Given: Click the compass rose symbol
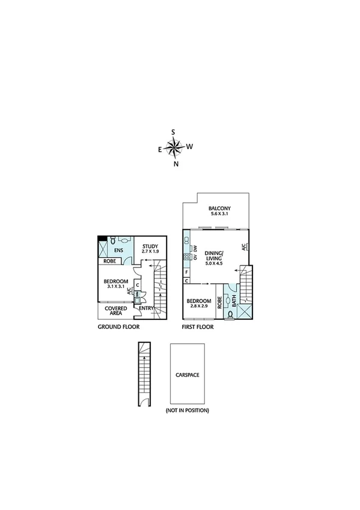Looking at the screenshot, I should click(174, 147).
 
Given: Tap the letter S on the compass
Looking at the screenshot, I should click(174, 132).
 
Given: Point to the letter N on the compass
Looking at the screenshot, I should click(175, 164).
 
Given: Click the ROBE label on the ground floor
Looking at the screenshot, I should click(110, 262).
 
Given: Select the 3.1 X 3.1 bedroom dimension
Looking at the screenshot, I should click(115, 287).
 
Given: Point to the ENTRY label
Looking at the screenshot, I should click(146, 309).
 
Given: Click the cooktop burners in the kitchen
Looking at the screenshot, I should click(187, 256).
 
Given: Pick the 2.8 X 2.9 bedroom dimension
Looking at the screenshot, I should click(198, 307).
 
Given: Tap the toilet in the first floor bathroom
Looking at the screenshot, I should click(230, 314).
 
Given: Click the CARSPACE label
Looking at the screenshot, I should click(188, 374).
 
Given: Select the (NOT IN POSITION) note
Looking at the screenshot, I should click(188, 410).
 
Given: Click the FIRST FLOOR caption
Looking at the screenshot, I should click(198, 327).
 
